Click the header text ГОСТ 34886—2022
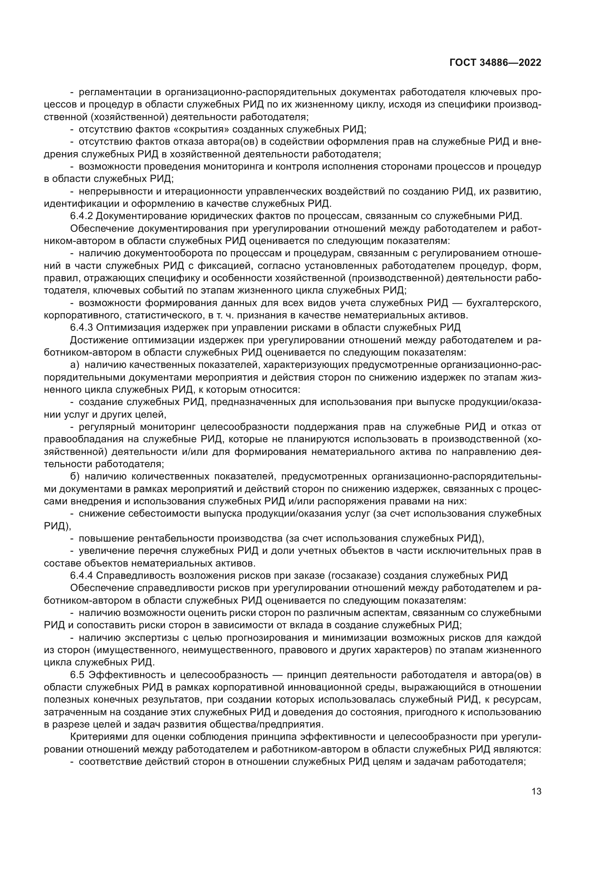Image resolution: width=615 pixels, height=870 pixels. click(495, 63)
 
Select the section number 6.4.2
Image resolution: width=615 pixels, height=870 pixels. click(81, 216)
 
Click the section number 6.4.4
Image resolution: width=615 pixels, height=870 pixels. click(81, 575)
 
